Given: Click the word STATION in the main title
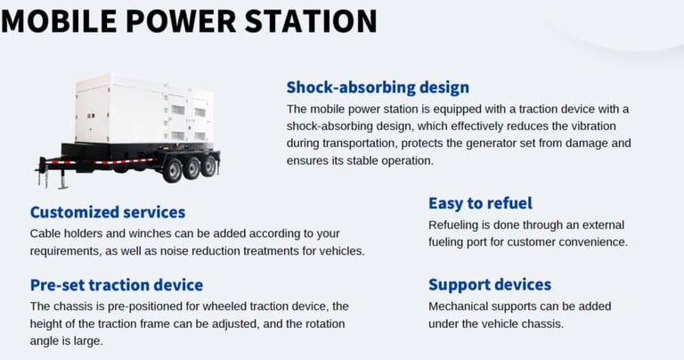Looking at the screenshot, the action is coord(311,20).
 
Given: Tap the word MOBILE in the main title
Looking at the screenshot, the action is coord(59,20).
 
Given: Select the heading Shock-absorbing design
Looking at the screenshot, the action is coord(378,87).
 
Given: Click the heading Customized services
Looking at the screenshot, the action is coord(108,212).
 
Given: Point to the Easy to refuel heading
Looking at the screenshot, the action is coord(480,203).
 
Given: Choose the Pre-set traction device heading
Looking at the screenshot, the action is coord(117,285).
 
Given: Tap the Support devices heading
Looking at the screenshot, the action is coord(490,284).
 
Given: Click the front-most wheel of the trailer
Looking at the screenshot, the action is coord(172,170).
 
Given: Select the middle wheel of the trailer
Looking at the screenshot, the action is coord(191,168).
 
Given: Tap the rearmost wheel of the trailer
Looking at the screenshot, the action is coord(208,166).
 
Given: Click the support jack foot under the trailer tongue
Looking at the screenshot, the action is coord(63,186).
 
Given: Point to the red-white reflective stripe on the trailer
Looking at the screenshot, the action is coord(101,161).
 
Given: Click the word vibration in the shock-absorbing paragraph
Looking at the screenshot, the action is coord(591,127).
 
